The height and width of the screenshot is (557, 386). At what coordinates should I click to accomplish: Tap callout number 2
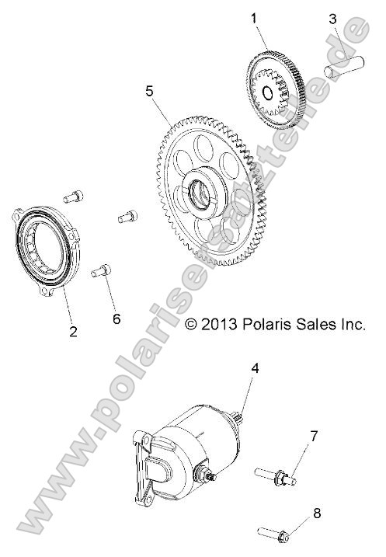[x=73, y=332]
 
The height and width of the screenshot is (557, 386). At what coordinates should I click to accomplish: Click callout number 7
[x=314, y=435]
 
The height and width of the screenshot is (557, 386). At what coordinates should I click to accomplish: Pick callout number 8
[x=316, y=513]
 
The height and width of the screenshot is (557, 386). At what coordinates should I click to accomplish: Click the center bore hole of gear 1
[x=268, y=94]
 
